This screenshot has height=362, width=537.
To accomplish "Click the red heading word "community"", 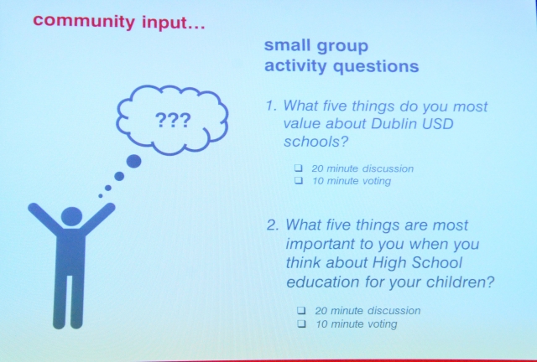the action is (84, 21).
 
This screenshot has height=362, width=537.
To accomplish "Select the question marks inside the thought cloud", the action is (173, 120).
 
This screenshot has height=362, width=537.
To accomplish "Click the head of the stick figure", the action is (71, 217).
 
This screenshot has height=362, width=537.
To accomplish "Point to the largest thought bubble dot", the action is (133, 161).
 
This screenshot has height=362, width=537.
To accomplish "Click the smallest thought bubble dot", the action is (101, 196).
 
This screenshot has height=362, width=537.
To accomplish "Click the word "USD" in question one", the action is (438, 123).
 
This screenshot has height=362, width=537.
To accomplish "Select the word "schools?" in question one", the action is (315, 141).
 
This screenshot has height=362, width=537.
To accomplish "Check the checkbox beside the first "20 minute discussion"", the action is (299, 168).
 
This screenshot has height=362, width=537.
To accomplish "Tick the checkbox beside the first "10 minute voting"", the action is (299, 180).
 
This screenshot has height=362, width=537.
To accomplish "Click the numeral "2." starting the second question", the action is (275, 225).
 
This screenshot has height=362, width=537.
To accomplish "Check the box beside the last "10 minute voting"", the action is (302, 323).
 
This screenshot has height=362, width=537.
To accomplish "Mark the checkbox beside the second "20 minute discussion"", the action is (301, 310).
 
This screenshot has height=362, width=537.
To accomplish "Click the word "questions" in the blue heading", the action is (376, 66).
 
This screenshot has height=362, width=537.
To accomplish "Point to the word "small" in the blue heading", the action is (287, 45).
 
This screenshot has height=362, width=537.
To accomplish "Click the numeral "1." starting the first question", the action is (272, 106).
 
